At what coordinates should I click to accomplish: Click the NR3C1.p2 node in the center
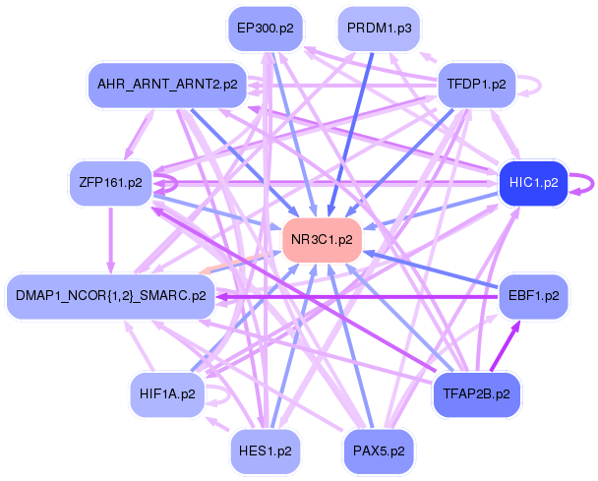(x=322, y=240)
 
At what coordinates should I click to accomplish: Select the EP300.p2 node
(x=266, y=29)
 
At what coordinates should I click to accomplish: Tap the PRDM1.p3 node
(x=379, y=29)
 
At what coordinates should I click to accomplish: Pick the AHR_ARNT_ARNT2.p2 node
(x=167, y=85)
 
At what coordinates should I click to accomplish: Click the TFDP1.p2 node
(x=477, y=85)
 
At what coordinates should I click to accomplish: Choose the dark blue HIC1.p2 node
(x=533, y=183)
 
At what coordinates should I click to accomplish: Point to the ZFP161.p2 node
(x=110, y=183)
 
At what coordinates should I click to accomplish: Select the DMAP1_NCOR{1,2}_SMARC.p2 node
(x=110, y=296)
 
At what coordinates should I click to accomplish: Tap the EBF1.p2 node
(x=533, y=296)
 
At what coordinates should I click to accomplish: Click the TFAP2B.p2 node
(x=477, y=394)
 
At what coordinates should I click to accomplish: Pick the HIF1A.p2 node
(x=167, y=394)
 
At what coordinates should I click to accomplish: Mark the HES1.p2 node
(x=266, y=452)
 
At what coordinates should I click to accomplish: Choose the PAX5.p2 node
(x=379, y=452)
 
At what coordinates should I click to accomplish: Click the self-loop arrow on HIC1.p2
(x=593, y=184)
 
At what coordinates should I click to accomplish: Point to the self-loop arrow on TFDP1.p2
(x=540, y=86)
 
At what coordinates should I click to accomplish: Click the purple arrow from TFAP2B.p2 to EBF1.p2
(x=505, y=346)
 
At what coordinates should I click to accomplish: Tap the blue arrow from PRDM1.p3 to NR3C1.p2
(x=350, y=135)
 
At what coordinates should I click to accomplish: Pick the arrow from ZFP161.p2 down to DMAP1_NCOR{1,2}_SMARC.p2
(x=110, y=240)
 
